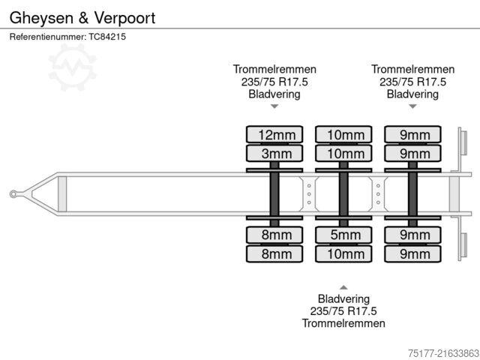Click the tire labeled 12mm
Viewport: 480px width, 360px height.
275,135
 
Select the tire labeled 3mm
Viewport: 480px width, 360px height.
275,154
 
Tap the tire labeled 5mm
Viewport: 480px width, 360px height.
344,235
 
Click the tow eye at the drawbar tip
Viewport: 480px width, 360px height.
14,194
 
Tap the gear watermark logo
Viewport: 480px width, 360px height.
72,67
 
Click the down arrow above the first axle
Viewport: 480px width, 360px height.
274,106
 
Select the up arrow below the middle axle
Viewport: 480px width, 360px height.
343,287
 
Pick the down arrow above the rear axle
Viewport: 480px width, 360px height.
412,106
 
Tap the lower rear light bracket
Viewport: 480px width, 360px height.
463,247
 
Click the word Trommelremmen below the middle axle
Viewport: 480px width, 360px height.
343,323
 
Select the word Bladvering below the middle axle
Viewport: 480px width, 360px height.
343,298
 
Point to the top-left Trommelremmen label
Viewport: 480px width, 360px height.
274,70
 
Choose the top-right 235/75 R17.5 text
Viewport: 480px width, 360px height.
412,82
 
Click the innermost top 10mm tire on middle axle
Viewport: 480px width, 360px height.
344,154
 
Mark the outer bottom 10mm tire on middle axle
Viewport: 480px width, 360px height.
344,253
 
